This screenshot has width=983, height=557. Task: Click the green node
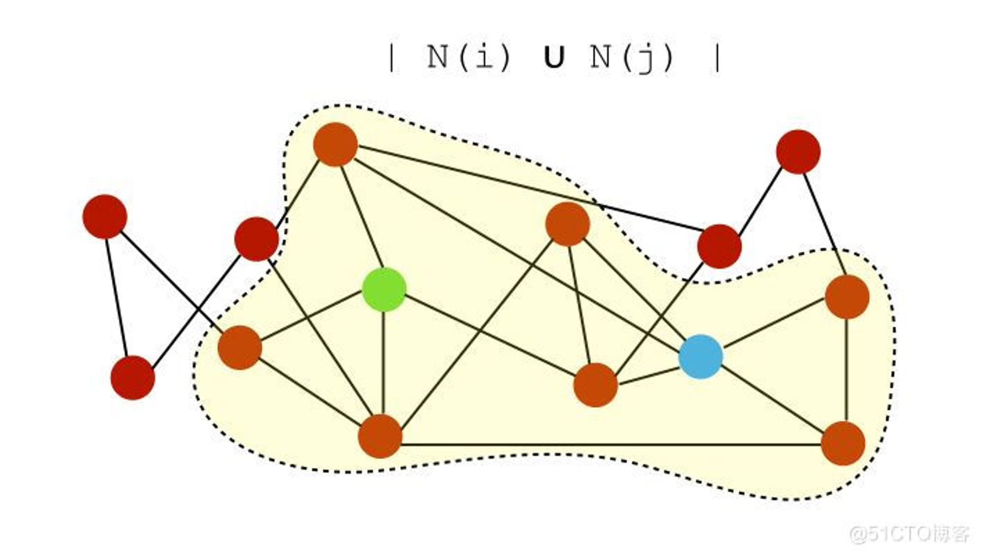click(384, 289)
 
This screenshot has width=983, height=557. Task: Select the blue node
click(700, 357)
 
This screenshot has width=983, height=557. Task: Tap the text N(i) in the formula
click(469, 57)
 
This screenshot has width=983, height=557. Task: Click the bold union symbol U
click(554, 57)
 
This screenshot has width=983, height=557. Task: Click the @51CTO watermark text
click(910, 534)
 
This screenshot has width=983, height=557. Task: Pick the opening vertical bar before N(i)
click(391, 58)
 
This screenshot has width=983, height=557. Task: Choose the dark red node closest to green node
click(257, 239)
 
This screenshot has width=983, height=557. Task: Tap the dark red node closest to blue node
click(720, 246)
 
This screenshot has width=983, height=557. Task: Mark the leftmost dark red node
click(105, 217)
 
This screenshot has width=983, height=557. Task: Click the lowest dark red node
click(133, 378)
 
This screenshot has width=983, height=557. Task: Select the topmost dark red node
click(798, 152)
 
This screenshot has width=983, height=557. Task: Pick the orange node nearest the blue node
click(595, 385)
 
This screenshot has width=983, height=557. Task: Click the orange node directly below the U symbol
click(568, 224)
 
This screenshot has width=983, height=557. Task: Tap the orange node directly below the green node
click(380, 436)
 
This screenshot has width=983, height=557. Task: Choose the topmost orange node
click(335, 144)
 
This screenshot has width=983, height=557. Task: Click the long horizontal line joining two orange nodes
click(611, 445)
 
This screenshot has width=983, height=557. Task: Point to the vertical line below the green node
click(383, 363)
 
